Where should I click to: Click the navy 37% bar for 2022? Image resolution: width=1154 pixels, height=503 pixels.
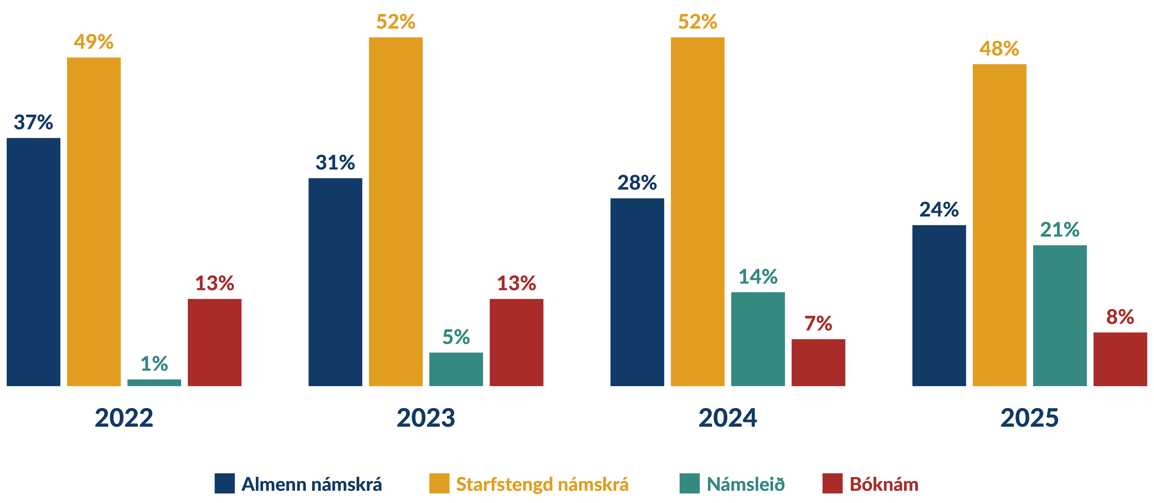[x=34, y=262]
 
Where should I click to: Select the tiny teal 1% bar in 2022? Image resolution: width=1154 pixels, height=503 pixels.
[x=154, y=382]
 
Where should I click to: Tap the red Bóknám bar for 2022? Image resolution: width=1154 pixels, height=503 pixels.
[x=215, y=343]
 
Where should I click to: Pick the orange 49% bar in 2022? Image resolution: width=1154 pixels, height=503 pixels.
[x=94, y=222]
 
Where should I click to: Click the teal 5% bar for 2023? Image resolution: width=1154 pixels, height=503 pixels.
[x=456, y=370]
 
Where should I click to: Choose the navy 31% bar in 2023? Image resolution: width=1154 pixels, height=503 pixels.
[x=336, y=282]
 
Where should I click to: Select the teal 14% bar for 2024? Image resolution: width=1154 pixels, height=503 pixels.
[x=758, y=339]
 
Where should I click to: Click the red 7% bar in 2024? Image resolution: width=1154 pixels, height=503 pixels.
[x=818, y=363]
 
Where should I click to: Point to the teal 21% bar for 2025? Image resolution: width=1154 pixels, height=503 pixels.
[x=1060, y=316]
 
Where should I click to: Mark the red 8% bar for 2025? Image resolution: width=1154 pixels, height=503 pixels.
[x=1120, y=359]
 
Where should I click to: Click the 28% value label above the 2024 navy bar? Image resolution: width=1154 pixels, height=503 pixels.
[x=637, y=183]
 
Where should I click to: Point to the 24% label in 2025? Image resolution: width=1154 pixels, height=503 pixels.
[x=939, y=210]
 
